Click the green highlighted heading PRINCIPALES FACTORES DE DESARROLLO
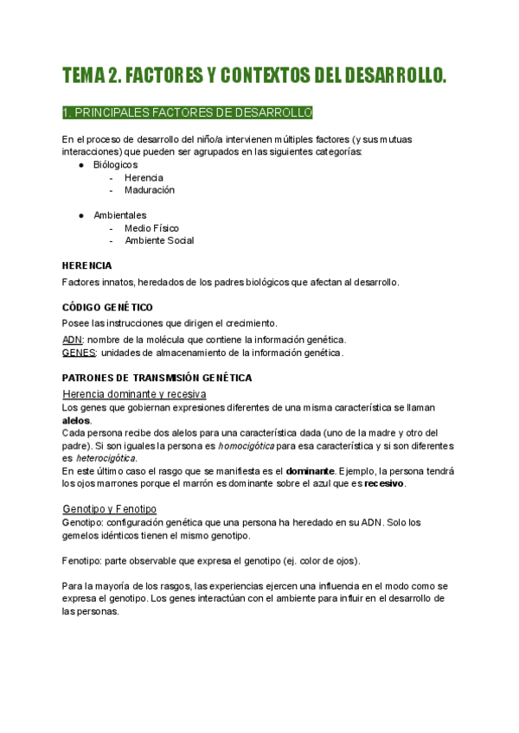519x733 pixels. [x=188, y=113]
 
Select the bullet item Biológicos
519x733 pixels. [x=115, y=164]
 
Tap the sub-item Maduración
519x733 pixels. [x=149, y=189]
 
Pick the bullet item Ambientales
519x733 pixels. [x=119, y=215]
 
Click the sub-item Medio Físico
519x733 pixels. [x=151, y=228]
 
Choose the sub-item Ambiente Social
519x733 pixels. [x=159, y=240]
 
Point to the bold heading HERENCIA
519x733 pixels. [x=87, y=265]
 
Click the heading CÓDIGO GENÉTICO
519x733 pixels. [x=107, y=307]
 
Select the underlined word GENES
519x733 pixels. [x=79, y=353]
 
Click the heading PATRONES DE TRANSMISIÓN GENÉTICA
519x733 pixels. [x=157, y=378]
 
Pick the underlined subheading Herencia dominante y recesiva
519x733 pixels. [x=134, y=394]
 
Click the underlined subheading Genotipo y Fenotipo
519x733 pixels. [x=109, y=508]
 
